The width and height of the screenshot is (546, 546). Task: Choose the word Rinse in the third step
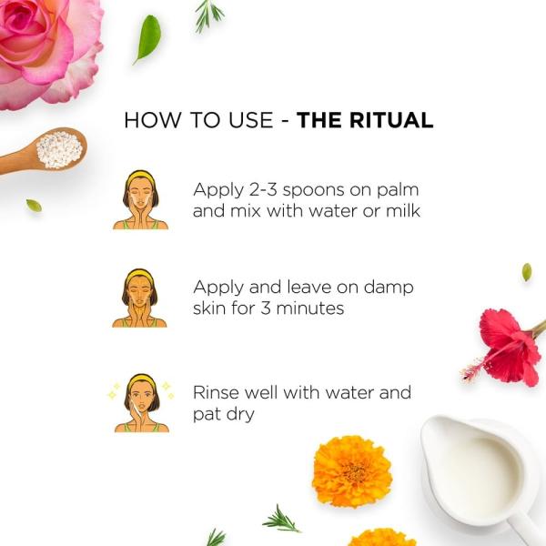pyautogui.click(x=214, y=392)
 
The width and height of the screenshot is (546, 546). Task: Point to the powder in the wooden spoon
pyautogui.click(x=59, y=147)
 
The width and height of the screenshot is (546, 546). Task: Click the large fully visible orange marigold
pyautogui.click(x=351, y=470)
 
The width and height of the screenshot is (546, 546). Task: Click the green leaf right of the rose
pyautogui.click(x=147, y=39)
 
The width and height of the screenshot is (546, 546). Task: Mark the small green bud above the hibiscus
pyautogui.click(x=526, y=271)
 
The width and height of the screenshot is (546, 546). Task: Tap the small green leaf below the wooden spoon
pyautogui.click(x=34, y=205)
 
